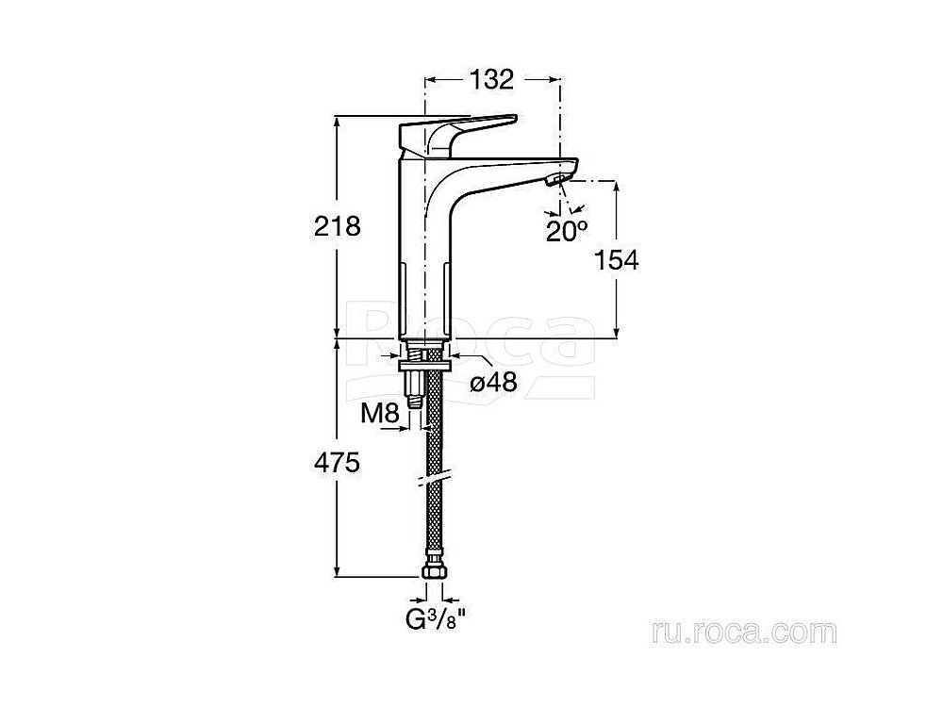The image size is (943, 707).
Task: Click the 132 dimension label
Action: (x=492, y=79)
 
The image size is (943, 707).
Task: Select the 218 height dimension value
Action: (x=338, y=226)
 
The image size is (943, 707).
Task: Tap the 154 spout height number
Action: (x=617, y=260)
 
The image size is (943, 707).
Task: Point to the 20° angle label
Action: (x=567, y=231)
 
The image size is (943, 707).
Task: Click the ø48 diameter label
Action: (x=494, y=382)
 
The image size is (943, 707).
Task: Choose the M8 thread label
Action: (x=380, y=413)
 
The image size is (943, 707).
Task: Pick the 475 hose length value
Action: (x=337, y=462)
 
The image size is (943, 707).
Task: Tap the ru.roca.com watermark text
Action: (x=744, y=633)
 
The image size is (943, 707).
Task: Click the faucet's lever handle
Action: (x=457, y=129)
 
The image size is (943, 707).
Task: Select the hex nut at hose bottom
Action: (x=434, y=570)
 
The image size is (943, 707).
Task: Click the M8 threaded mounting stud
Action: (x=414, y=389)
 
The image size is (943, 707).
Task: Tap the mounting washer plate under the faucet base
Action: (x=426, y=365)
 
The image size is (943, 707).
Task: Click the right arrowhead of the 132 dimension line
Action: (x=553, y=79)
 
